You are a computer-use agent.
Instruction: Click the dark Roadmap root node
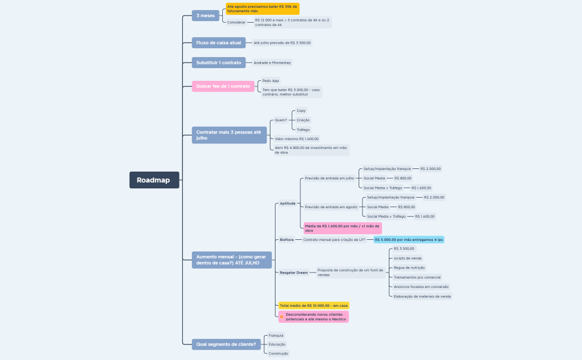click(x=154, y=180)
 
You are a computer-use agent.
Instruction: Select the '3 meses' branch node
click(x=205, y=16)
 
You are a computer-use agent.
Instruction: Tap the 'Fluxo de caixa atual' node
click(x=218, y=43)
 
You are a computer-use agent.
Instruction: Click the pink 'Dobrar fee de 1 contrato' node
click(x=223, y=86)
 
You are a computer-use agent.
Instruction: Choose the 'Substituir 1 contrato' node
click(x=218, y=63)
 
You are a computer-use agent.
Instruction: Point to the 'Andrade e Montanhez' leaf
click(x=272, y=63)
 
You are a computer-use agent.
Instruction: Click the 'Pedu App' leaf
click(x=270, y=80)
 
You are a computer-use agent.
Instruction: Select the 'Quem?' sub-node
click(x=281, y=120)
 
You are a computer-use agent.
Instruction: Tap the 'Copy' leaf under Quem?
click(x=301, y=111)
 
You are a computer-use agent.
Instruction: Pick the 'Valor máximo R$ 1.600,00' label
click(x=297, y=138)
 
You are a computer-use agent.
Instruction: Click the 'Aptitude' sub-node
click(x=287, y=203)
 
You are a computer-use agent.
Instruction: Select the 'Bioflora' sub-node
click(x=287, y=239)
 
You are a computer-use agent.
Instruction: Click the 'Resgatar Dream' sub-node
click(x=293, y=272)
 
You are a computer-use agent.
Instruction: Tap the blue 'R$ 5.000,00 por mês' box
click(x=409, y=239)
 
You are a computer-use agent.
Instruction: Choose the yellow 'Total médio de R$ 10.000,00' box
click(x=313, y=305)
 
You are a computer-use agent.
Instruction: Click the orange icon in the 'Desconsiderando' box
click(x=282, y=317)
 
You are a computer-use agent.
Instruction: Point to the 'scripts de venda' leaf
click(x=407, y=258)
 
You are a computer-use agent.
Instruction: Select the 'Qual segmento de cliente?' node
click(x=227, y=344)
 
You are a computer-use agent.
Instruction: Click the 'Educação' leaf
click(x=277, y=344)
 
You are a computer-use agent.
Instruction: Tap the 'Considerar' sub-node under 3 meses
click(x=236, y=22)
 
